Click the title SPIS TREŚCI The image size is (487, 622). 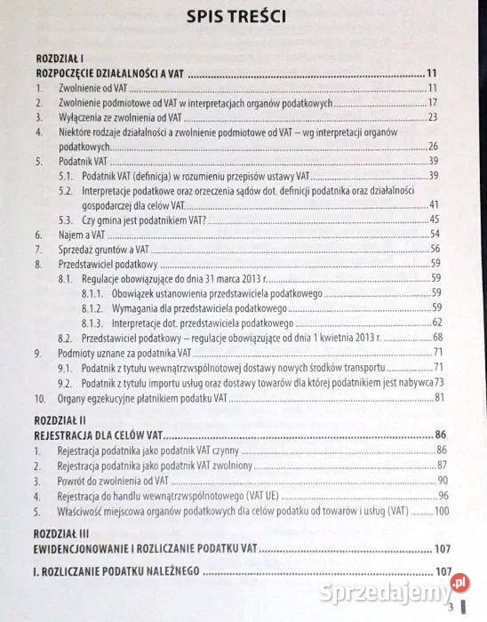click(x=244, y=20)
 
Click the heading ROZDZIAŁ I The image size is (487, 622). click(x=55, y=58)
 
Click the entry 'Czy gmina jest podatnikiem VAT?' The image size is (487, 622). click(x=144, y=219)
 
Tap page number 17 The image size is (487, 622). click(x=435, y=103)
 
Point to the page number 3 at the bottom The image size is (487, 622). click(x=452, y=606)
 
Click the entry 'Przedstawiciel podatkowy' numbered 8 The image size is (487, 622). click(x=108, y=264)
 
